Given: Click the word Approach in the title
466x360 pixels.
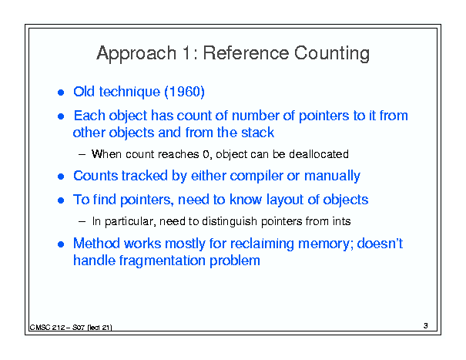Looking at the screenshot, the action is [136, 54].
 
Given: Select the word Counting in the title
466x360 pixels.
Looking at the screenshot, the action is [332, 54].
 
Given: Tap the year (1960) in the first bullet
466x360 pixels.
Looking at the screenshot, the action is [184, 92].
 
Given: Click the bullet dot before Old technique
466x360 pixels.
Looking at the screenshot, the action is [61, 93].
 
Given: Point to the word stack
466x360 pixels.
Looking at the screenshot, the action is [257, 133].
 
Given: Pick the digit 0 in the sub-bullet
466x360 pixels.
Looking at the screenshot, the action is [206, 154].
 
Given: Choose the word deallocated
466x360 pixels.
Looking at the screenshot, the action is [319, 154].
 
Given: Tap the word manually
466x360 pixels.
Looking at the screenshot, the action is [332, 176].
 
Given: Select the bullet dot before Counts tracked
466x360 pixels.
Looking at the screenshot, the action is [61, 177].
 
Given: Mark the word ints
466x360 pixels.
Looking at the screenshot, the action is [341, 221].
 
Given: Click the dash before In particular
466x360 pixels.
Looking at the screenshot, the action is [82, 222].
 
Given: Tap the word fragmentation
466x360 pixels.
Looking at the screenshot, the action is [163, 261].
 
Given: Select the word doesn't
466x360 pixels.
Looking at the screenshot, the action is [380, 244].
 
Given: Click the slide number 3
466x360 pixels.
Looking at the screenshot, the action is [426, 326].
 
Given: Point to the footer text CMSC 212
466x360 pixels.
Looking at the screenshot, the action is [47, 328].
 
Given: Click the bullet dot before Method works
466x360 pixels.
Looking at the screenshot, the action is [61, 244].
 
